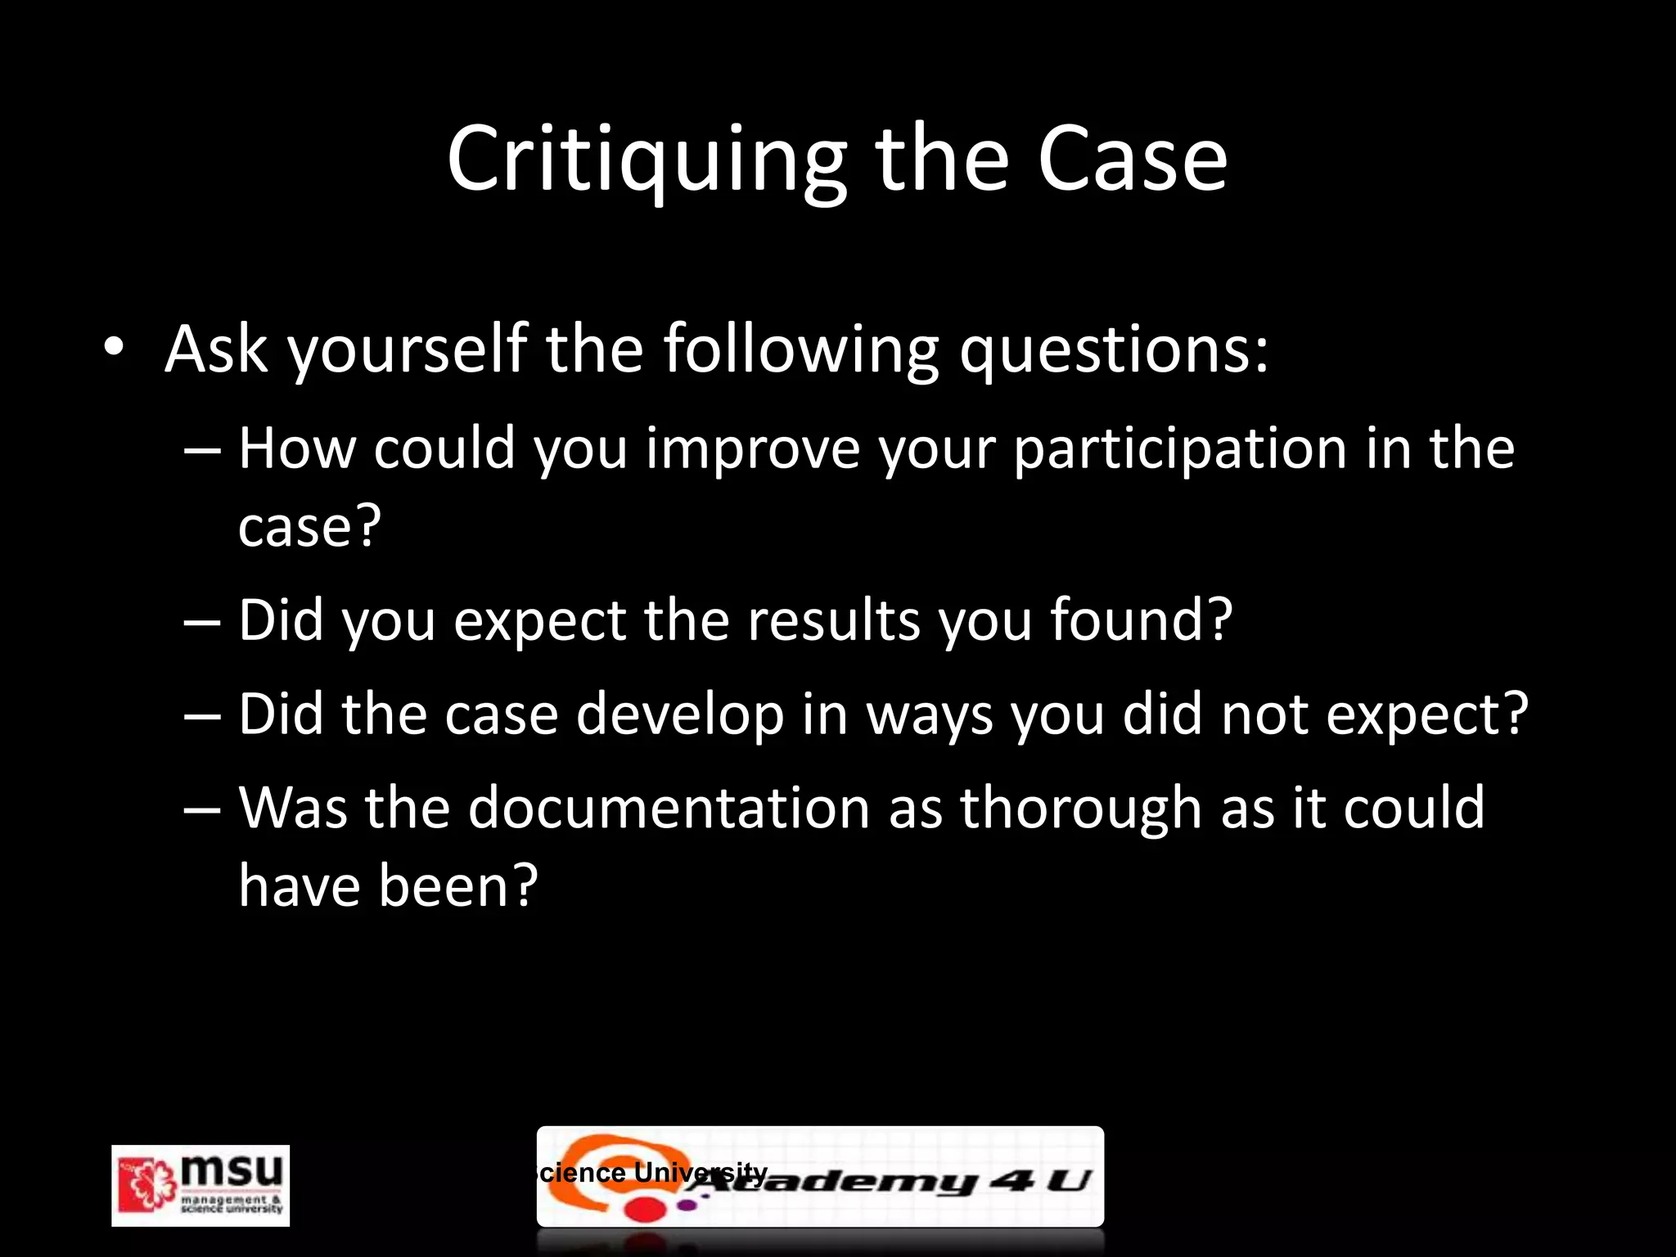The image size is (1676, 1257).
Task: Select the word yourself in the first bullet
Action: (x=407, y=350)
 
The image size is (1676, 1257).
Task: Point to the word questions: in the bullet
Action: (x=1114, y=350)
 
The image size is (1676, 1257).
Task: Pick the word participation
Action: (x=1180, y=450)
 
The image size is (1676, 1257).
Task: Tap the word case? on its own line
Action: (x=309, y=526)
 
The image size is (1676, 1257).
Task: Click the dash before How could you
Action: (x=202, y=451)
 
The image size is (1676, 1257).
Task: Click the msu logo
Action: (x=200, y=1184)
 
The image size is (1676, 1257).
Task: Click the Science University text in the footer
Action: (x=651, y=1172)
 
